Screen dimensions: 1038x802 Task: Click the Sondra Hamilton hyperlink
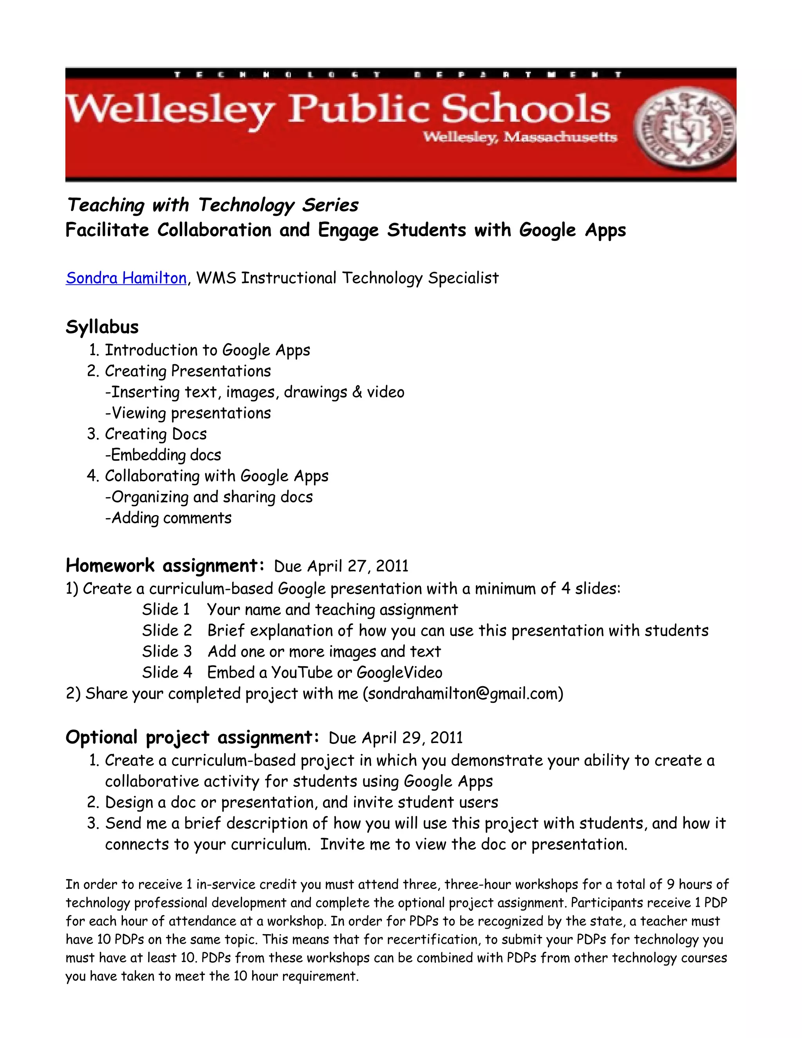[126, 278]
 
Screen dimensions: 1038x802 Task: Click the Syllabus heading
[102, 327]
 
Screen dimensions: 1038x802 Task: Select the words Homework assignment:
[165, 566]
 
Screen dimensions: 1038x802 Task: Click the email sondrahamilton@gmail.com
[463, 693]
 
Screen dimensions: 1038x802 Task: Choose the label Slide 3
[167, 651]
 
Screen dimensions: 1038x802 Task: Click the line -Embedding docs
[163, 455]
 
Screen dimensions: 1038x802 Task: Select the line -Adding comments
[168, 517]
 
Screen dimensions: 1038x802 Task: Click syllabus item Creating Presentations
[188, 371]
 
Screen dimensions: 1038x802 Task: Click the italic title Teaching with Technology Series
[212, 205]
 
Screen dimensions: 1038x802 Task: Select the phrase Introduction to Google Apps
[207, 350]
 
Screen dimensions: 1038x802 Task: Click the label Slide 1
[166, 609]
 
